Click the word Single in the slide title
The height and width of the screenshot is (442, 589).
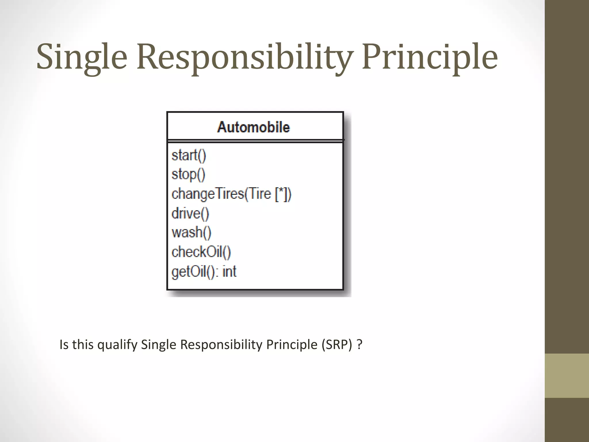click(x=82, y=57)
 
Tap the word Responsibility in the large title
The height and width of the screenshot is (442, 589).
click(x=244, y=57)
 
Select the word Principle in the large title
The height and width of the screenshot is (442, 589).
click(x=430, y=57)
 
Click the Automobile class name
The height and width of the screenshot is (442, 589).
click(x=253, y=127)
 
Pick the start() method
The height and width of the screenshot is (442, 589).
click(x=189, y=155)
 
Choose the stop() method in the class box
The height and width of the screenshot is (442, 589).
click(x=188, y=175)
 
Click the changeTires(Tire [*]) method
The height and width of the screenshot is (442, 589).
click(x=231, y=194)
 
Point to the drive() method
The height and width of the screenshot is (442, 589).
click(x=190, y=214)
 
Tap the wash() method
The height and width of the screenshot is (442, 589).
click(x=191, y=233)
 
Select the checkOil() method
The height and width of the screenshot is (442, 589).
click(x=201, y=252)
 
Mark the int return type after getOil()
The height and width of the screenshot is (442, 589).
click(x=229, y=271)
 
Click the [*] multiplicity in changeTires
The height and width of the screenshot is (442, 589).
click(x=281, y=194)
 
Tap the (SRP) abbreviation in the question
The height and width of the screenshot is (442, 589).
click(x=337, y=344)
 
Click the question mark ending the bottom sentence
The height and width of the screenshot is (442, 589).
click(x=359, y=344)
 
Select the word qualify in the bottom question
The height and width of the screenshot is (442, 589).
click(x=117, y=345)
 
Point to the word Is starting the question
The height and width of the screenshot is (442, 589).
click(x=64, y=344)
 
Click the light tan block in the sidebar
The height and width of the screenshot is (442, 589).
click(x=567, y=376)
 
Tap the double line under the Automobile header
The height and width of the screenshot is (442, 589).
click(x=255, y=141)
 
